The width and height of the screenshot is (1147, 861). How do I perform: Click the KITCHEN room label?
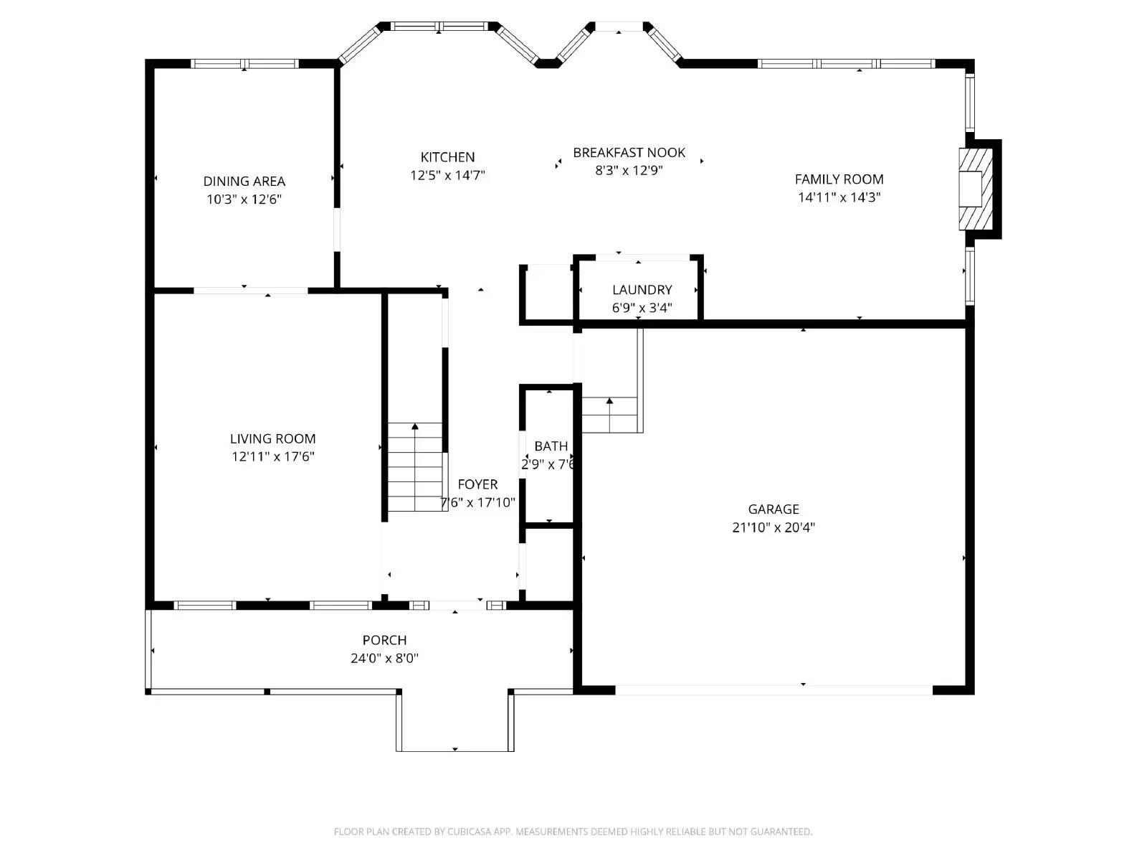coord(447,157)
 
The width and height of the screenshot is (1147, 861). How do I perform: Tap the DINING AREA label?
coord(244,182)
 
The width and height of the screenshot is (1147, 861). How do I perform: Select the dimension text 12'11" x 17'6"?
coord(272,456)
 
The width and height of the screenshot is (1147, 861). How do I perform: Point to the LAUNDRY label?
coord(642,290)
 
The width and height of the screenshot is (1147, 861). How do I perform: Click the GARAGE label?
coord(773,509)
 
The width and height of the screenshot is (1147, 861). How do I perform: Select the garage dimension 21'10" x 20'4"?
coord(773,527)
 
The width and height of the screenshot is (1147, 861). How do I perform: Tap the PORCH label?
coord(384,640)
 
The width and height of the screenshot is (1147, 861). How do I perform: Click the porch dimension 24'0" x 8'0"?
coord(384,658)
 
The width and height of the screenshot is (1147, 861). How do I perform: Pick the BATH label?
coord(551,446)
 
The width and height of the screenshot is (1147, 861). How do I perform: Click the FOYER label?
coord(477,484)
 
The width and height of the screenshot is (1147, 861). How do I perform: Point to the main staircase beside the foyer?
coord(416,466)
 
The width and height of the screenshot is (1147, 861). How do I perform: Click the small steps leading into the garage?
coord(609,415)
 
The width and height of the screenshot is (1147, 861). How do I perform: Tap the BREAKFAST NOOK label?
coord(629,152)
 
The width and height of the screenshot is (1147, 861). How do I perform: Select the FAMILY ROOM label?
coord(839,179)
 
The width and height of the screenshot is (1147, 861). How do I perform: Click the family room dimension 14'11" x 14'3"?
coord(839,197)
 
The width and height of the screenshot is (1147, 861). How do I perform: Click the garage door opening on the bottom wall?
coord(774,690)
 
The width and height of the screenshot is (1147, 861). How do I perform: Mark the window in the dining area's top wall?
coord(244,64)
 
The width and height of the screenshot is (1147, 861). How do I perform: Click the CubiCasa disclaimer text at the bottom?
coord(573,832)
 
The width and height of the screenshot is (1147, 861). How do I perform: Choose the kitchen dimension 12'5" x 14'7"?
coord(447,175)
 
